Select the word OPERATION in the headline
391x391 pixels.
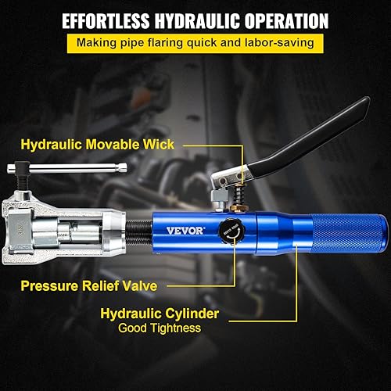pos(284,21)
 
